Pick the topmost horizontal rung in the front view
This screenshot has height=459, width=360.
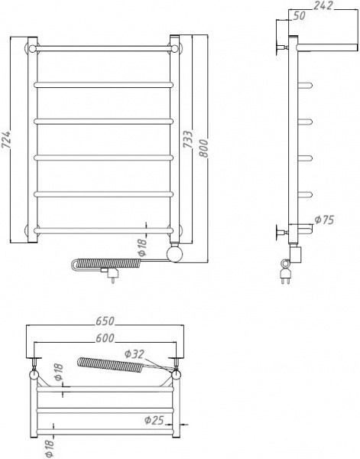click(102, 47)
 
